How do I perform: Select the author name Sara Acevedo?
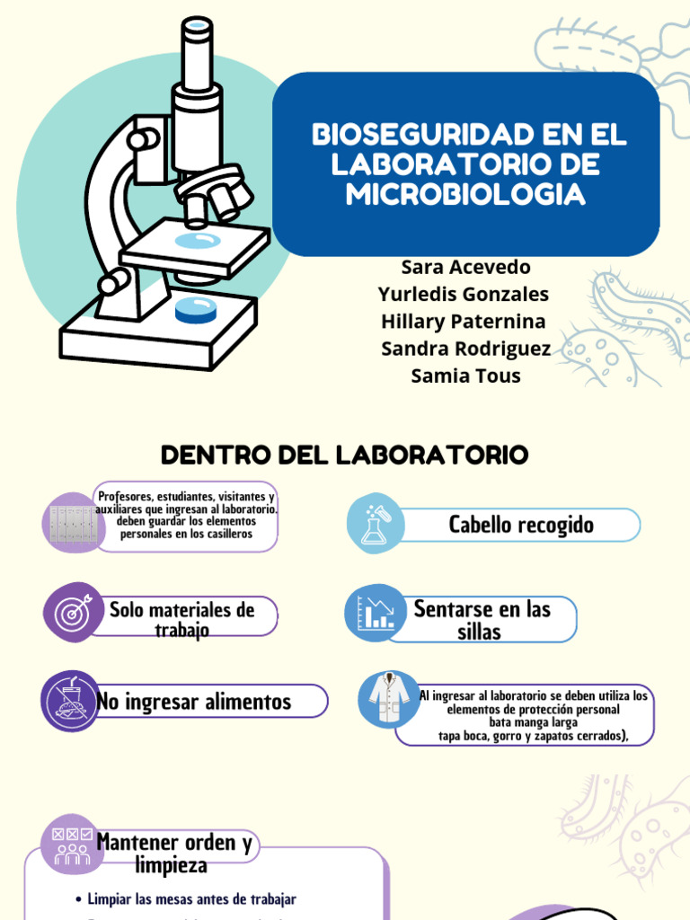pos(465,268)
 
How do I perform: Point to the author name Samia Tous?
pos(465,376)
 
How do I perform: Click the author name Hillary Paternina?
pos(463,322)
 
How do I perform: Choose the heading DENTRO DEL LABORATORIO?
pos(344,455)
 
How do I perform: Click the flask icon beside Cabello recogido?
pos(376,524)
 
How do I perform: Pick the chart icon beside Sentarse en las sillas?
pos(375,614)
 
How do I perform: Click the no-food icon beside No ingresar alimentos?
pos(71,701)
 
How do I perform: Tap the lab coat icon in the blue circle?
pos(389,699)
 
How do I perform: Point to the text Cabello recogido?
pos(521,525)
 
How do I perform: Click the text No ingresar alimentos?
pos(194,702)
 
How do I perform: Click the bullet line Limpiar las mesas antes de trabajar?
pos(191,898)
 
